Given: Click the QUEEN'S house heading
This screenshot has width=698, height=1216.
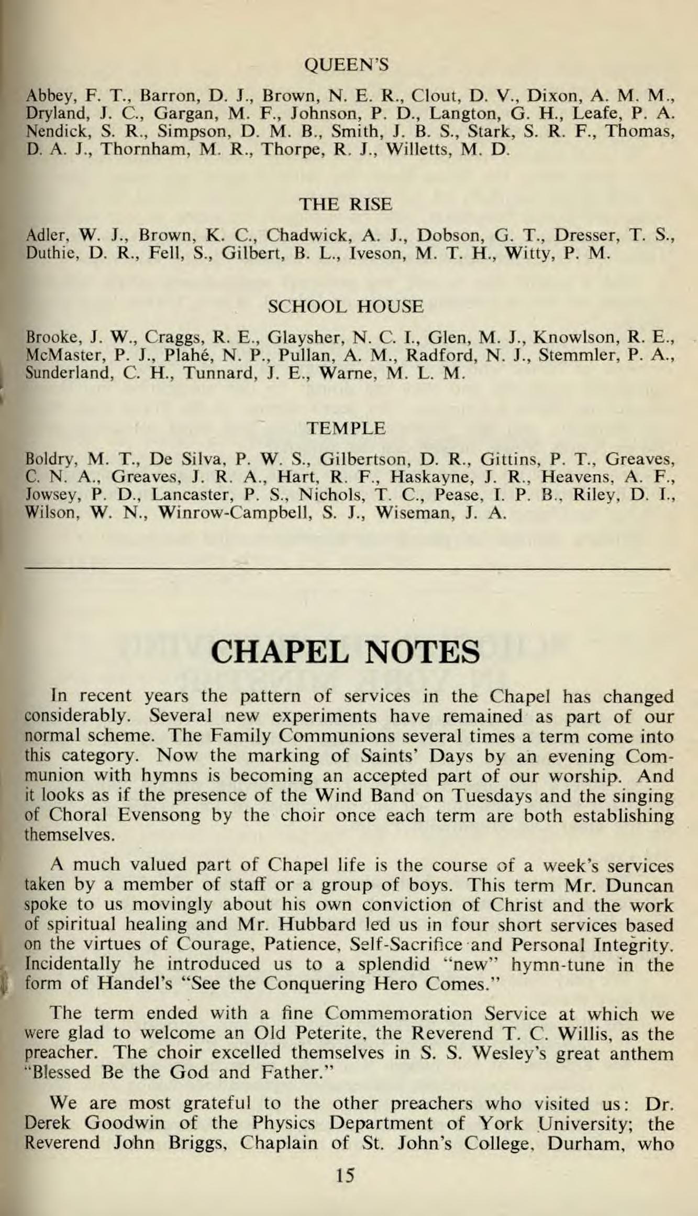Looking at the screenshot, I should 346,65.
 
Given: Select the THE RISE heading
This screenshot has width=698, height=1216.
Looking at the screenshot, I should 346,204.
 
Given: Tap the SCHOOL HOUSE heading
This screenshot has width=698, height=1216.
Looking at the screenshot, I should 346,306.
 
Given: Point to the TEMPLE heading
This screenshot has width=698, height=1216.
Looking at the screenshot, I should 346,429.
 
